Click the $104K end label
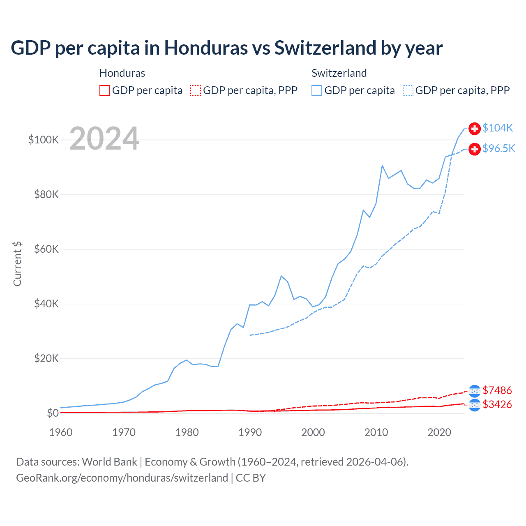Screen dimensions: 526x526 498,128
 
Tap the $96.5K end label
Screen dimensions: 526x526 498,148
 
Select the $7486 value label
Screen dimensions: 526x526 497,390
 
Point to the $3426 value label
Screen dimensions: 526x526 497,404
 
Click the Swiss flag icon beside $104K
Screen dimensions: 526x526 475,128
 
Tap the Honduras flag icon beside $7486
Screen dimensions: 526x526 475,391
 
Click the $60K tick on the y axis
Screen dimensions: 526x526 46,249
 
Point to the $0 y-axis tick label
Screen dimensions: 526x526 53,413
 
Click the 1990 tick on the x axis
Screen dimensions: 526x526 250,432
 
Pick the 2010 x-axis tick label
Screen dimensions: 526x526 376,432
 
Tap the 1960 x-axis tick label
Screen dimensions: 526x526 61,432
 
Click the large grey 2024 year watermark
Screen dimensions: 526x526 104,138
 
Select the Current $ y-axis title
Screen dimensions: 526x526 17,264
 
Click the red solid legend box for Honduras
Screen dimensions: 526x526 105,90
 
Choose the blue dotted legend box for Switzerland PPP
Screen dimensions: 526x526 408,90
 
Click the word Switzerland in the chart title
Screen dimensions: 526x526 324,48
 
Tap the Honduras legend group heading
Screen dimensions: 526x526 122,73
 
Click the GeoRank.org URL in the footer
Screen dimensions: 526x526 122,478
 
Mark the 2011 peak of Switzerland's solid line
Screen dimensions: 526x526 382,166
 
